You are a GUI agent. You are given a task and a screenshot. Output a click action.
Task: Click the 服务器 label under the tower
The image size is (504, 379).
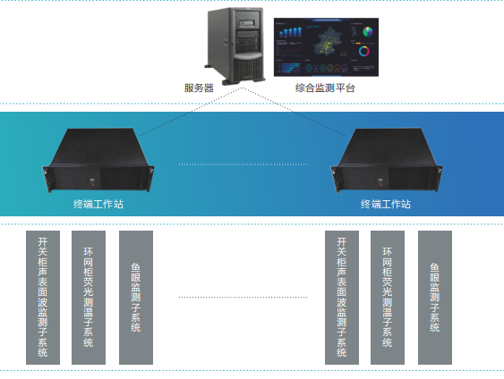tap(198, 88)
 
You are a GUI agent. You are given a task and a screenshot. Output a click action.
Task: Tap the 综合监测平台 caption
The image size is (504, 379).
tap(325, 88)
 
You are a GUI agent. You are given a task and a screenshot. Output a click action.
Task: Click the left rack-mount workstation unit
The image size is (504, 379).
tap(104, 162)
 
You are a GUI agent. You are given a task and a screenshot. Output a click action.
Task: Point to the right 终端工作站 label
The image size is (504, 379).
tap(386, 204)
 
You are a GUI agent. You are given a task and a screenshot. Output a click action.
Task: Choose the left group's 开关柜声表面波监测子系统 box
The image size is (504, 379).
tap(43, 298)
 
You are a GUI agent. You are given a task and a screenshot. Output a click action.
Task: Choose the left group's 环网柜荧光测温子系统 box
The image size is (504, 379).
tap(88, 298)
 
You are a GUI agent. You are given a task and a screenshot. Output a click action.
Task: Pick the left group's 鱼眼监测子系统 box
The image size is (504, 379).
tap(136, 298)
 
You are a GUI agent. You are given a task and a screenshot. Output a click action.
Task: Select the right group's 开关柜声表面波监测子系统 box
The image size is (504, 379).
tap(341, 298)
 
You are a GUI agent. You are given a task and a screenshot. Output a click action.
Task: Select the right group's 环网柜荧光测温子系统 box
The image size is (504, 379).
tap(387, 298)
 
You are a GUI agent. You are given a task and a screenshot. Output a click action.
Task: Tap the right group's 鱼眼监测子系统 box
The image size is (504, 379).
tap(434, 298)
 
